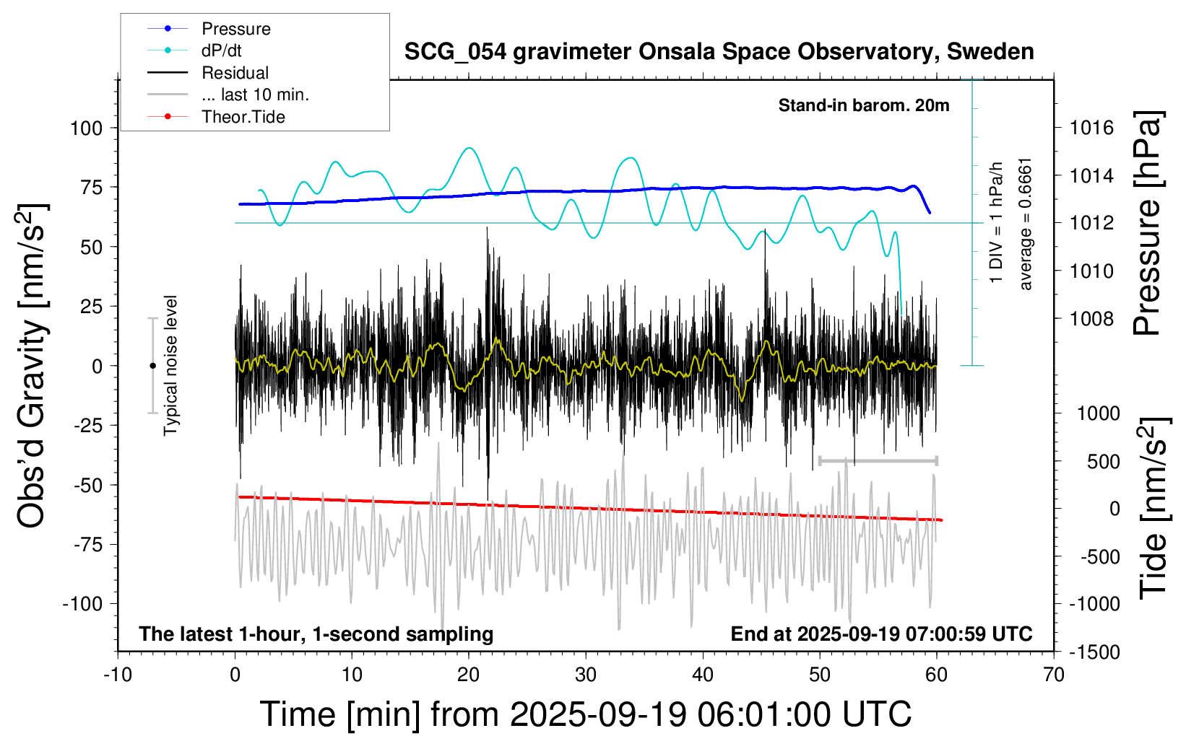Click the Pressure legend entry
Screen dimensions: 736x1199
click(235, 29)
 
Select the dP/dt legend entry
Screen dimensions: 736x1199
click(221, 51)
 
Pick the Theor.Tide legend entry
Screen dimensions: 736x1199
click(243, 117)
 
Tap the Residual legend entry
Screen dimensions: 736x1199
click(235, 73)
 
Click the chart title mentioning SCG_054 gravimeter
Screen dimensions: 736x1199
click(719, 52)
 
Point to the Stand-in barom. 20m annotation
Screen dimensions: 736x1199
click(863, 105)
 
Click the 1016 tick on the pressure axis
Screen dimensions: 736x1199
click(1091, 128)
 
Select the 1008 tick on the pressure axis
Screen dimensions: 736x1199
click(1091, 318)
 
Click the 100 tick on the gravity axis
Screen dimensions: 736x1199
click(86, 128)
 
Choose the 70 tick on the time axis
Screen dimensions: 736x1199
click(1054, 675)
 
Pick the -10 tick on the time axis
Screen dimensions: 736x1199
click(118, 675)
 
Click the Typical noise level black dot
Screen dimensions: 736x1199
click(152, 366)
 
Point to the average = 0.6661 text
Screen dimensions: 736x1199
click(1026, 224)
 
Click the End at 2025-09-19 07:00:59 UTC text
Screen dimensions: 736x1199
click(881, 634)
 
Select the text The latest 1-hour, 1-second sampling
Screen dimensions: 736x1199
click(316, 634)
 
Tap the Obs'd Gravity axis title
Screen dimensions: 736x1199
click(33, 366)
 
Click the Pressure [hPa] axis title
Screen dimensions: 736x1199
click(1147, 224)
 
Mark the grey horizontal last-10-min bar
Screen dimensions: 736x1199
click(878, 460)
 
